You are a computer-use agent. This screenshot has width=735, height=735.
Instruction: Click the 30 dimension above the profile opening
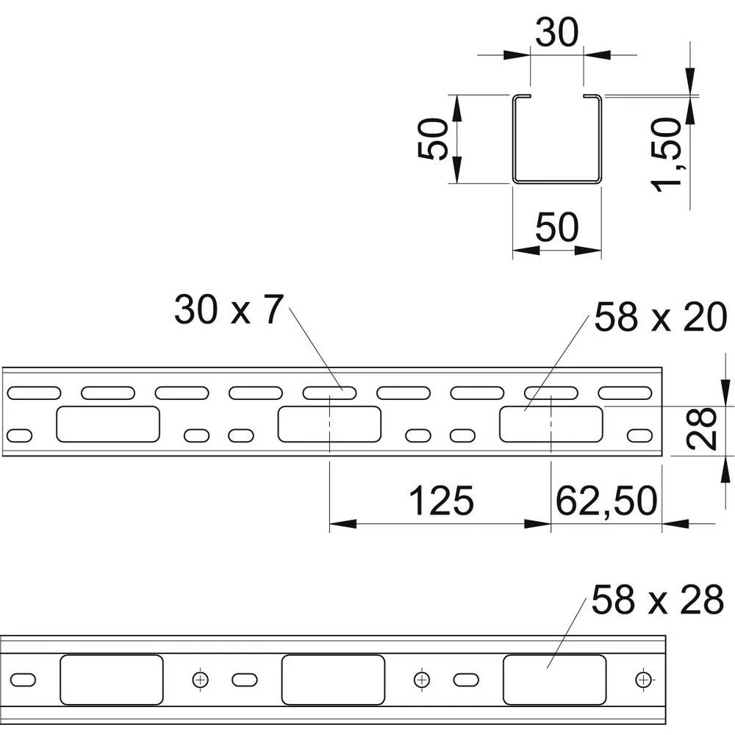(557, 33)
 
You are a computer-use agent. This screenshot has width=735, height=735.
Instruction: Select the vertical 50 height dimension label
(433, 139)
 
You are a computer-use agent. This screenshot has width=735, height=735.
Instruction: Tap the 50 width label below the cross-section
(557, 227)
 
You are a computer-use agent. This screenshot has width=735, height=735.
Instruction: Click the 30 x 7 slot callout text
(229, 310)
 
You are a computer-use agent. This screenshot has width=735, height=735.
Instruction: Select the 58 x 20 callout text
(661, 318)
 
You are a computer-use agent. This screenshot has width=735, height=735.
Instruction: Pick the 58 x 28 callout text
(657, 600)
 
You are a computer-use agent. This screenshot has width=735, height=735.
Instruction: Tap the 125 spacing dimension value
(441, 501)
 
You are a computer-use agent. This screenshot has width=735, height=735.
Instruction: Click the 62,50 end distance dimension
(606, 501)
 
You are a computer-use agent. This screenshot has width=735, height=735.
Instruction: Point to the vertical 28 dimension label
(701, 429)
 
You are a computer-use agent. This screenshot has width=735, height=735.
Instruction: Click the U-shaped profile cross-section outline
(557, 139)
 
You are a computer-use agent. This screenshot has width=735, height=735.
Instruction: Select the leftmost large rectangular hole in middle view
(108, 424)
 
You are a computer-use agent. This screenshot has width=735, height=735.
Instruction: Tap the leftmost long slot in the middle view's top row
(34, 392)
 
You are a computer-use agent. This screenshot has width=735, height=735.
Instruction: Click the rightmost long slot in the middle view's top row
(625, 392)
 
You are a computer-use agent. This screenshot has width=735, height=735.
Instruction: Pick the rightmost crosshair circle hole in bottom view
(643, 679)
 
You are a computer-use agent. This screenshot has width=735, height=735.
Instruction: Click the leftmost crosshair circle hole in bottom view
(201, 679)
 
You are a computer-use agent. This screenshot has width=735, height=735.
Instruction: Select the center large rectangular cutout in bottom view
(333, 680)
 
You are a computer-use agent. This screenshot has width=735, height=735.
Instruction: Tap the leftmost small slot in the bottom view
(23, 680)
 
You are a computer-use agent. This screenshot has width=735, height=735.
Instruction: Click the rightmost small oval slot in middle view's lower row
(639, 435)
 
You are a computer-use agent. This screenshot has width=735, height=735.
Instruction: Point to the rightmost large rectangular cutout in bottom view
(554, 680)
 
